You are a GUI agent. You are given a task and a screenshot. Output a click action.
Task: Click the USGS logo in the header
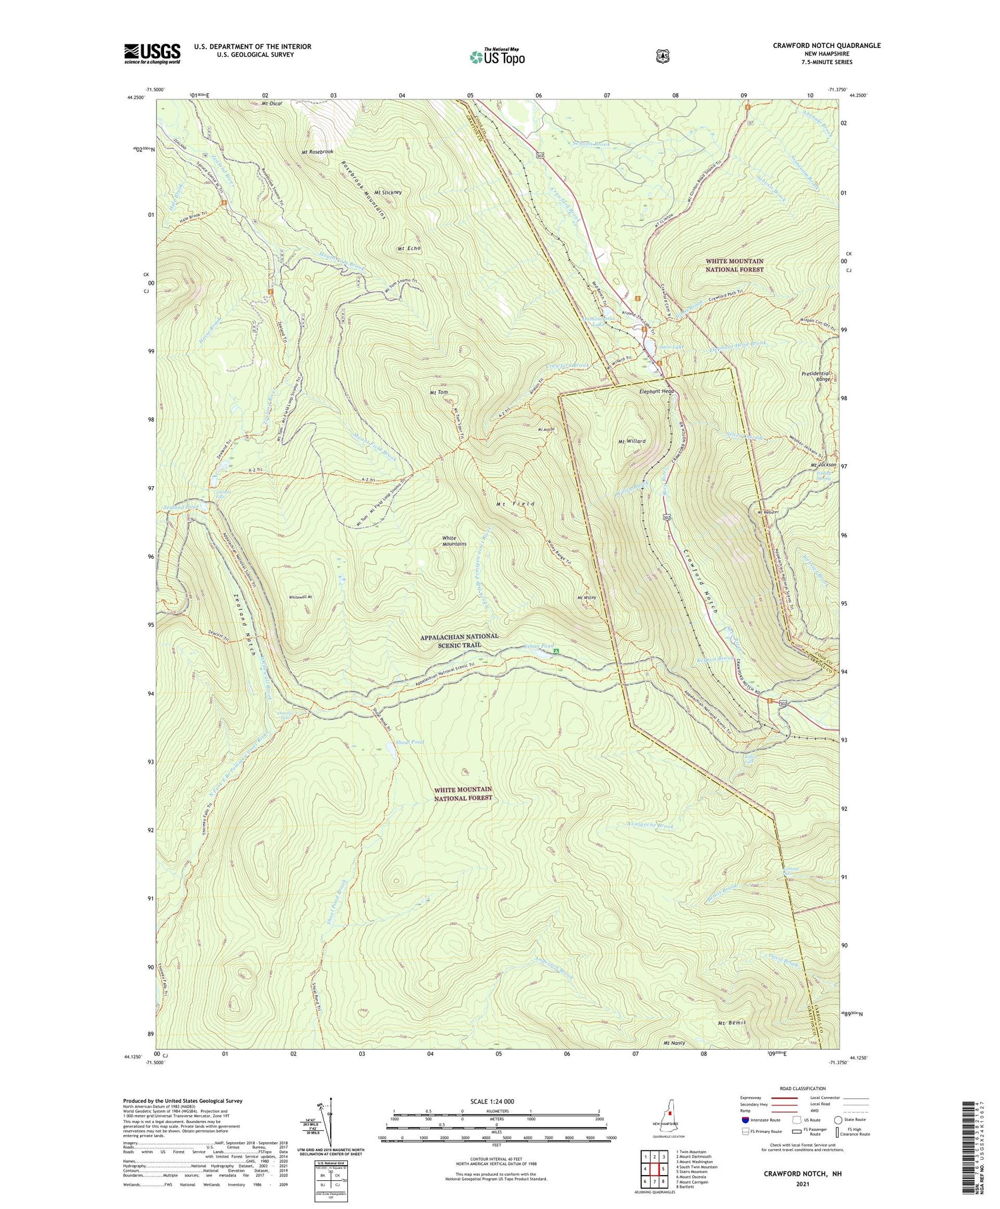pyautogui.click(x=152, y=53)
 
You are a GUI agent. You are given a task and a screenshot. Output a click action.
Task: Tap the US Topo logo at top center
pyautogui.click(x=497, y=57)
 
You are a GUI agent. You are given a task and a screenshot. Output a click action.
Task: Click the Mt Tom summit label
pyautogui.click(x=439, y=393)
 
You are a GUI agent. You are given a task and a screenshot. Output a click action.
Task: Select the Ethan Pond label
pyautogui.click(x=539, y=646)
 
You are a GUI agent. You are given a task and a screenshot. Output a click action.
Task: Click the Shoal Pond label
pyautogui.click(x=409, y=742)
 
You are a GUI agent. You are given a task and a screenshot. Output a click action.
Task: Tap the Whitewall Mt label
pyautogui.click(x=301, y=597)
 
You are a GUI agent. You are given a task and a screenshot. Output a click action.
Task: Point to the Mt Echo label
pyautogui.click(x=409, y=248)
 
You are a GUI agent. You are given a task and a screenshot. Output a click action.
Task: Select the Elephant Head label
pyautogui.click(x=657, y=391)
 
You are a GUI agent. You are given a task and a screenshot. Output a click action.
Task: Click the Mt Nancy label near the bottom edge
pyautogui.click(x=674, y=1043)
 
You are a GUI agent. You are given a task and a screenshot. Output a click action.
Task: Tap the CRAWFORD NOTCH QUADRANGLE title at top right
pyautogui.click(x=826, y=45)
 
